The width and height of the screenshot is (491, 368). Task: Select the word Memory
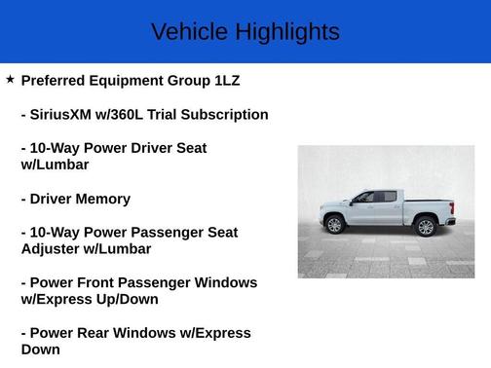click(x=100, y=199)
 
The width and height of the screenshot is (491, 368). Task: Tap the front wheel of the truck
click(x=335, y=225)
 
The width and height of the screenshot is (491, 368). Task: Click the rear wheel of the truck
click(x=425, y=227)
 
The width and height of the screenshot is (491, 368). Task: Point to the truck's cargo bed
click(x=430, y=205)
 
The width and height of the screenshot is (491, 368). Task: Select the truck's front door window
click(x=364, y=198)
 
